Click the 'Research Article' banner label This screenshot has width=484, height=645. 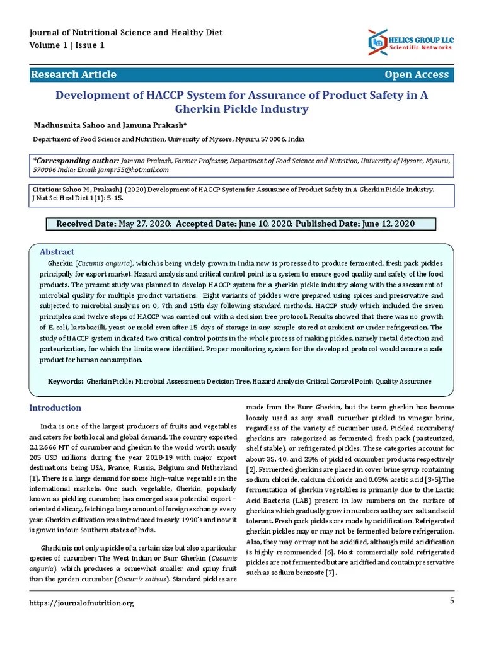pos(74,74)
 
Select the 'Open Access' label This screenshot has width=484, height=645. pos(417,74)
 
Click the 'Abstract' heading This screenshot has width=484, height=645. pos(57,251)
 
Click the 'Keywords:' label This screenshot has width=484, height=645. pos(66,381)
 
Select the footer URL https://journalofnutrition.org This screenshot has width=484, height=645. pos(82,603)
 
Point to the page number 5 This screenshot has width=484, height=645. pos(452,601)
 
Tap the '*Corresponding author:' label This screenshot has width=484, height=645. pos(76,161)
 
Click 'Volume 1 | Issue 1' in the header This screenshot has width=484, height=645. pos(67,45)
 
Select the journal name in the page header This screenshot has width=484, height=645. pos(126,33)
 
